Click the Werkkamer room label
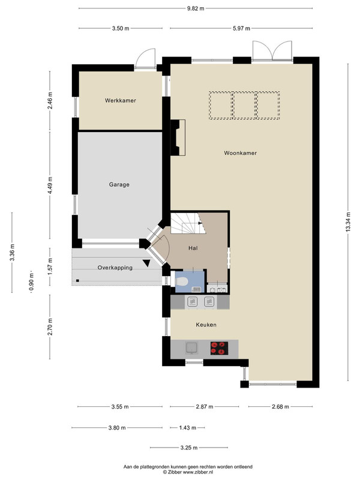[121, 100]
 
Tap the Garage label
[119, 185]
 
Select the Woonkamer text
[241, 153]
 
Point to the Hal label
[193, 248]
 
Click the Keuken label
[206, 325]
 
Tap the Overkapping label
[115, 268]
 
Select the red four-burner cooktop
[220, 349]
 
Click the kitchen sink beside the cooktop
[191, 348]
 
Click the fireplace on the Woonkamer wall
[178, 138]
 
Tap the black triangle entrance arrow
[146, 263]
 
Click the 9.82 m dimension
[196, 8]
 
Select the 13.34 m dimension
[348, 222]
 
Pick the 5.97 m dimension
[241, 28]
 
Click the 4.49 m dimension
[50, 185]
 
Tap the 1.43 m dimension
[187, 428]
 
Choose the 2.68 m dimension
[280, 407]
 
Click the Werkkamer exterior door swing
[145, 58]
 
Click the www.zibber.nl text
[198, 472]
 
